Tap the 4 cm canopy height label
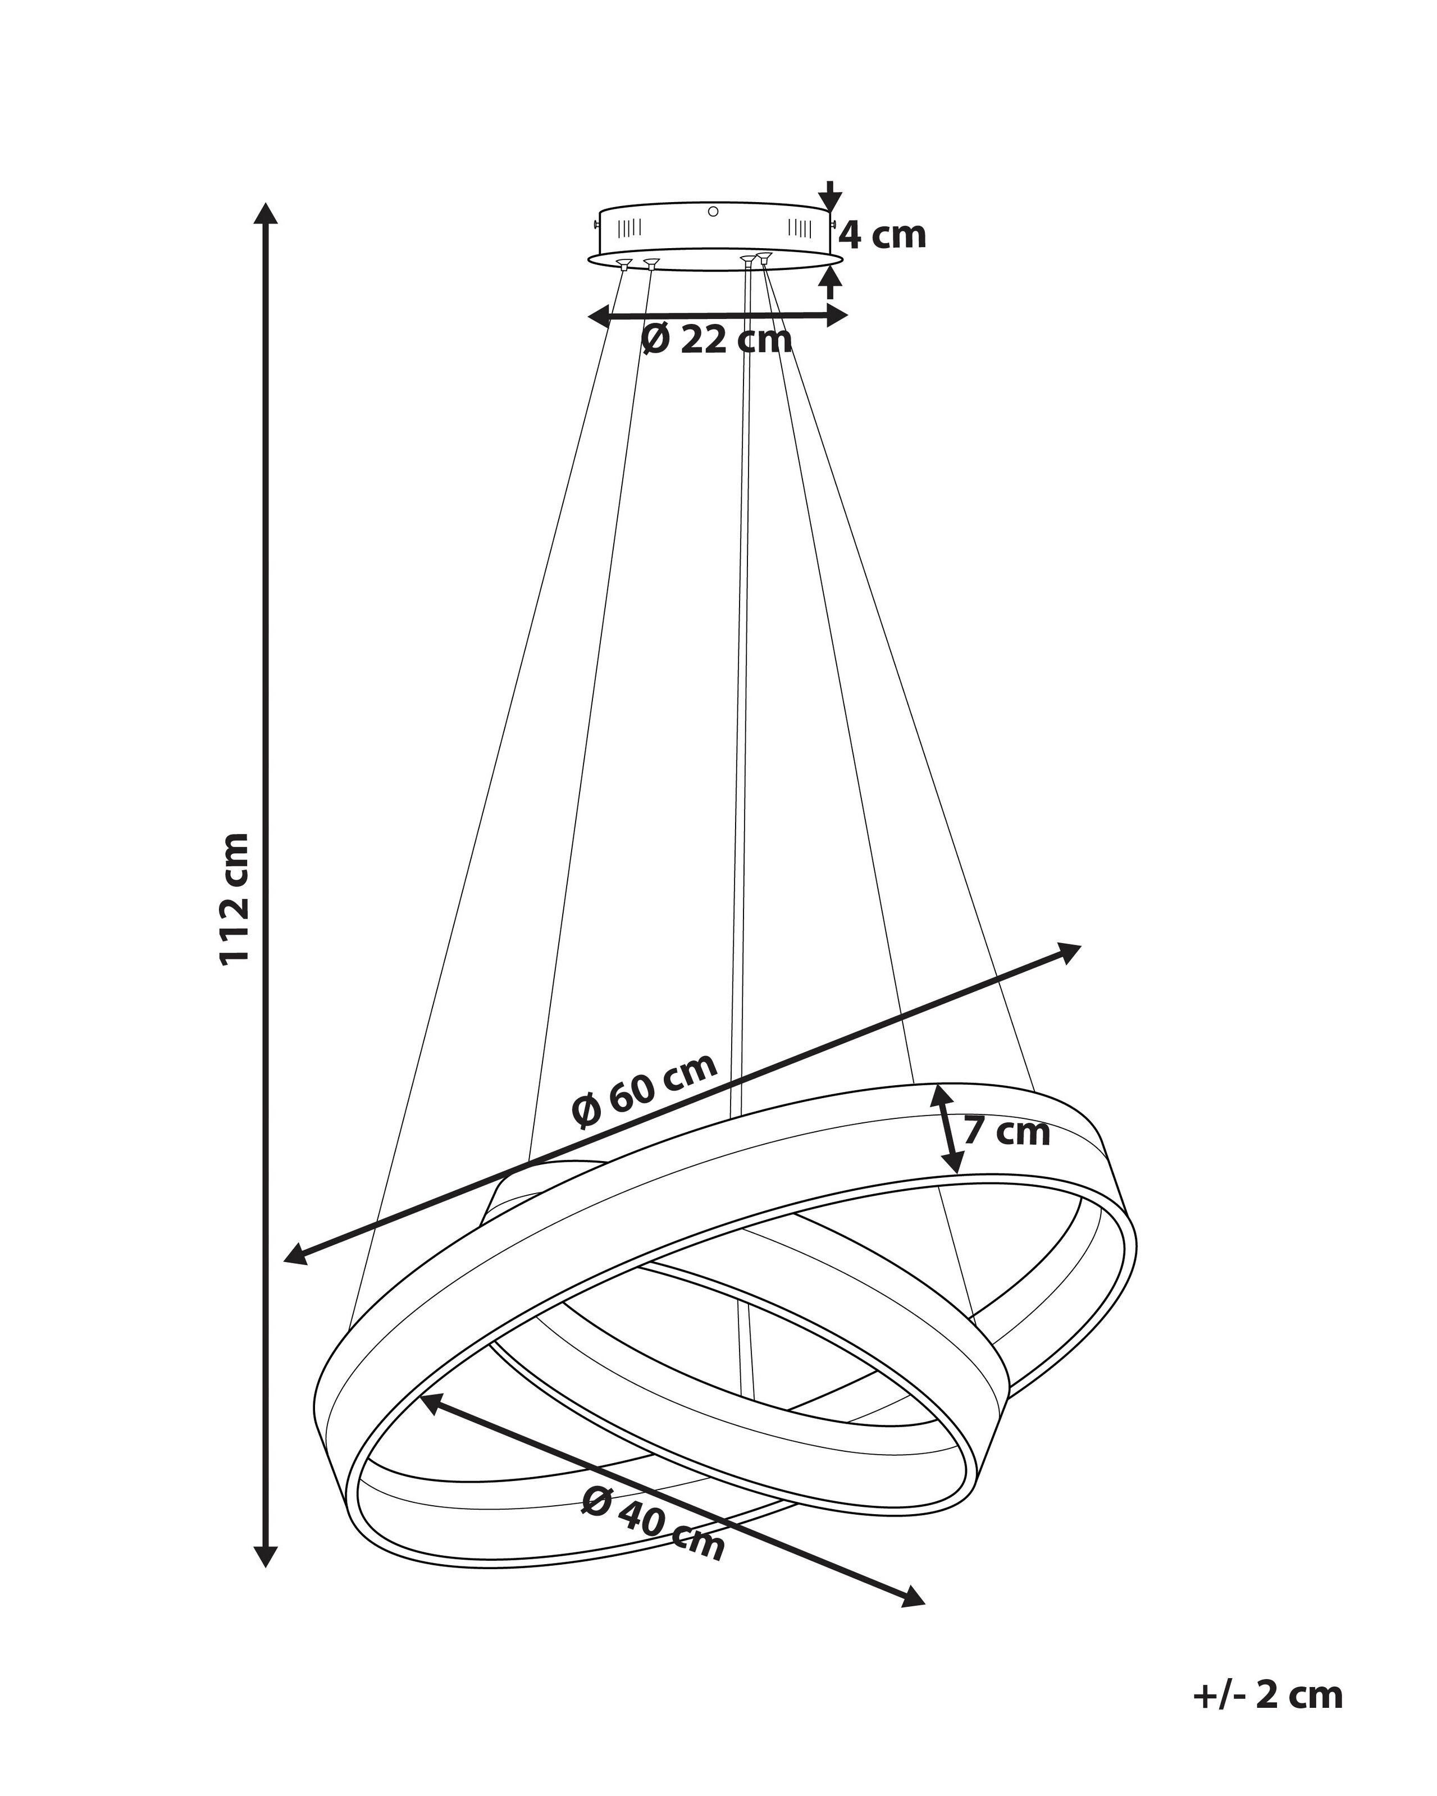882,236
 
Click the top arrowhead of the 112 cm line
266,213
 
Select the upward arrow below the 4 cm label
829,281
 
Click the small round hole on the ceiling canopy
713,212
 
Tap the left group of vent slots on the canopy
630,227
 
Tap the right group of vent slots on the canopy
799,227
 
